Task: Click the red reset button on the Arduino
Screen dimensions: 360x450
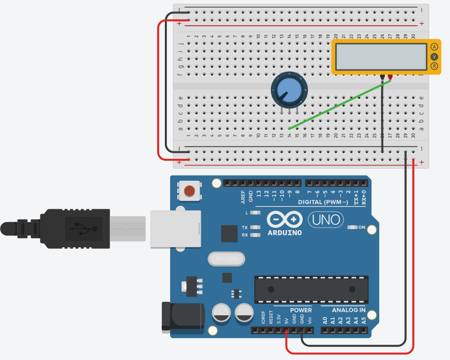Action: (189, 191)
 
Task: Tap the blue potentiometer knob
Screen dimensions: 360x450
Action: (289, 91)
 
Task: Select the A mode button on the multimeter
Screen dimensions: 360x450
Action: (434, 47)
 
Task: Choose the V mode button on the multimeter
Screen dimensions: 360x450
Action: (434, 57)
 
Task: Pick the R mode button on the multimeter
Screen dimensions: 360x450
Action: (434, 66)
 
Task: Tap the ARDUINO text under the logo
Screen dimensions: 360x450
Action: (285, 233)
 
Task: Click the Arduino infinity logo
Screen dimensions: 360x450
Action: (285, 219)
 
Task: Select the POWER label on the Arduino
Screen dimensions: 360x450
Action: (301, 310)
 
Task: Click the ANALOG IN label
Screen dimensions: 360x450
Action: (349, 310)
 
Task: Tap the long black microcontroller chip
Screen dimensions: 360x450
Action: (311, 289)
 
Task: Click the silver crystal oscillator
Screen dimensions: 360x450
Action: (226, 259)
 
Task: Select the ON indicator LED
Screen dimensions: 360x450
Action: (352, 227)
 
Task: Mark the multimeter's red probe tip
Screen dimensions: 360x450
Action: (390, 77)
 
